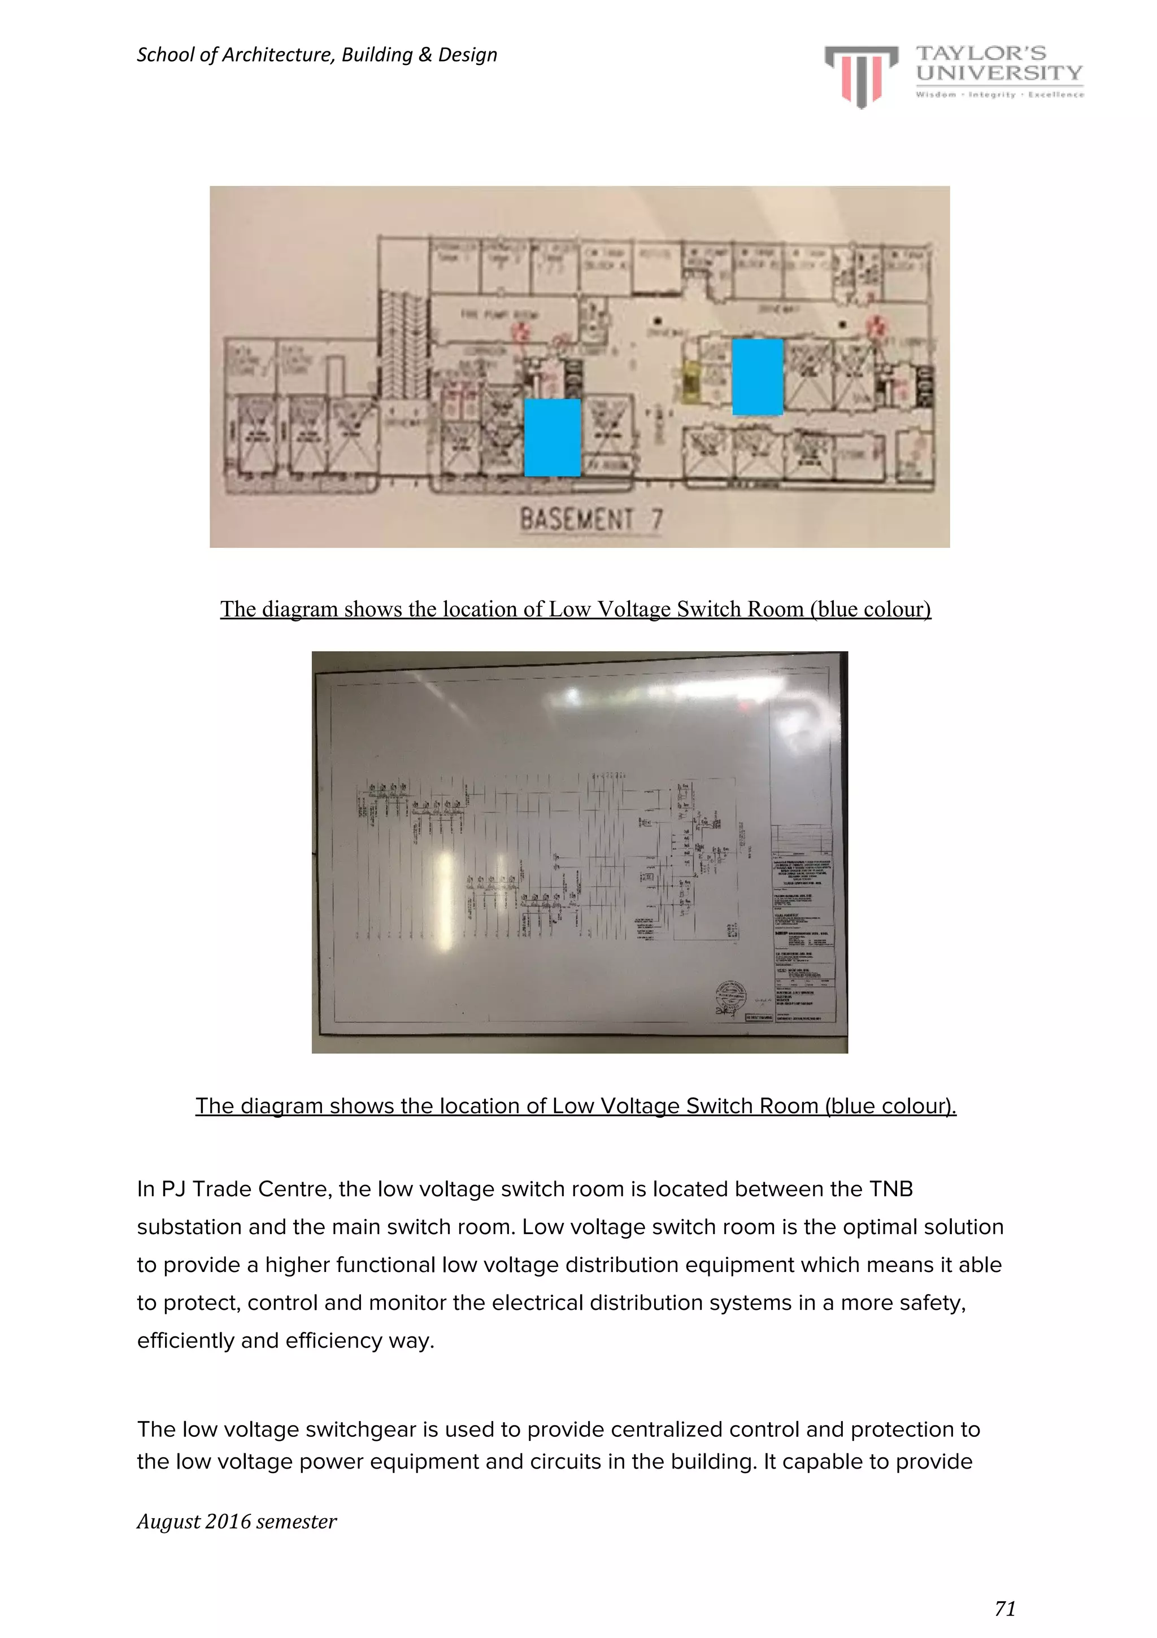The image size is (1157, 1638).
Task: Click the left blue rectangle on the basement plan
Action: (x=552, y=437)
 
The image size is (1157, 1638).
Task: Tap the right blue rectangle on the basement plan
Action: (x=757, y=377)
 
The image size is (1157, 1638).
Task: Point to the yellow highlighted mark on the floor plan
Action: (x=689, y=384)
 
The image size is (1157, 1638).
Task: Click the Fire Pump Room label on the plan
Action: (x=499, y=315)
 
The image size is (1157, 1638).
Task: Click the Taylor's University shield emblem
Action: (x=861, y=76)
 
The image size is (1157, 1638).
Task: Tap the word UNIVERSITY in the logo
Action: (x=999, y=73)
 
